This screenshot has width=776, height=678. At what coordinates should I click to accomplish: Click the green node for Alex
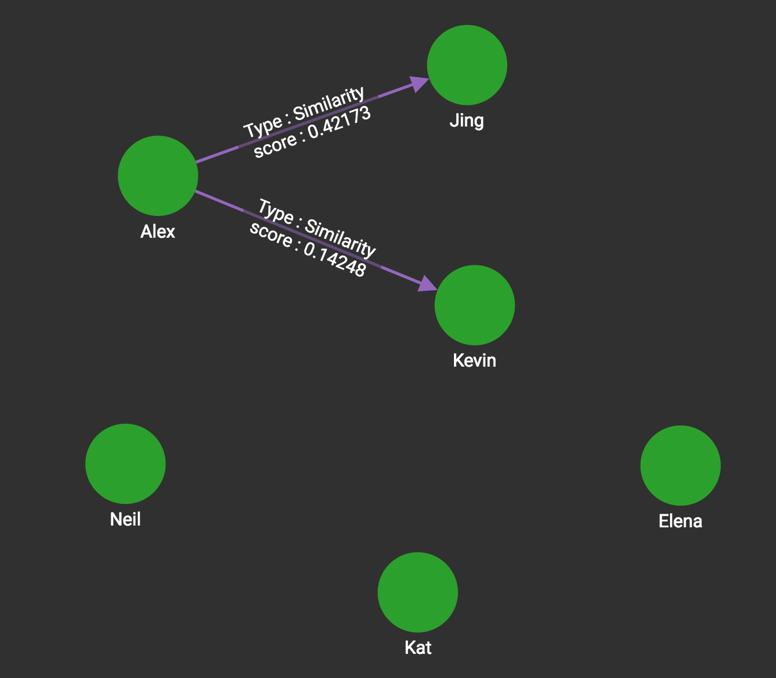(158, 175)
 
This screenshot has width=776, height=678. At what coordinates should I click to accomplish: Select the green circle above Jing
(467, 65)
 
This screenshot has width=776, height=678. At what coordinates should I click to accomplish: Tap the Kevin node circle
(475, 305)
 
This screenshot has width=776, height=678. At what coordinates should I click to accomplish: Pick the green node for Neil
(125, 464)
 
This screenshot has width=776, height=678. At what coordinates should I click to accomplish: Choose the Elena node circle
(680, 466)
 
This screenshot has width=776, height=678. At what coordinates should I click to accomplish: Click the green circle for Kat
(417, 592)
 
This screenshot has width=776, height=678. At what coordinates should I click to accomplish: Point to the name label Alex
(158, 232)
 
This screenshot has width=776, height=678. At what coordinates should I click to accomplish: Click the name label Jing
(467, 121)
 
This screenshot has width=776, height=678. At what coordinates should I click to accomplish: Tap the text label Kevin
(475, 360)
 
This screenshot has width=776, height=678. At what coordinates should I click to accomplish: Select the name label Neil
(125, 519)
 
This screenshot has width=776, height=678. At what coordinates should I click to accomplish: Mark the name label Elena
(680, 521)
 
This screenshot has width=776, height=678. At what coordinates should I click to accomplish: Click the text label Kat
(418, 648)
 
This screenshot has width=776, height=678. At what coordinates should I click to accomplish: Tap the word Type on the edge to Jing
(263, 127)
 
